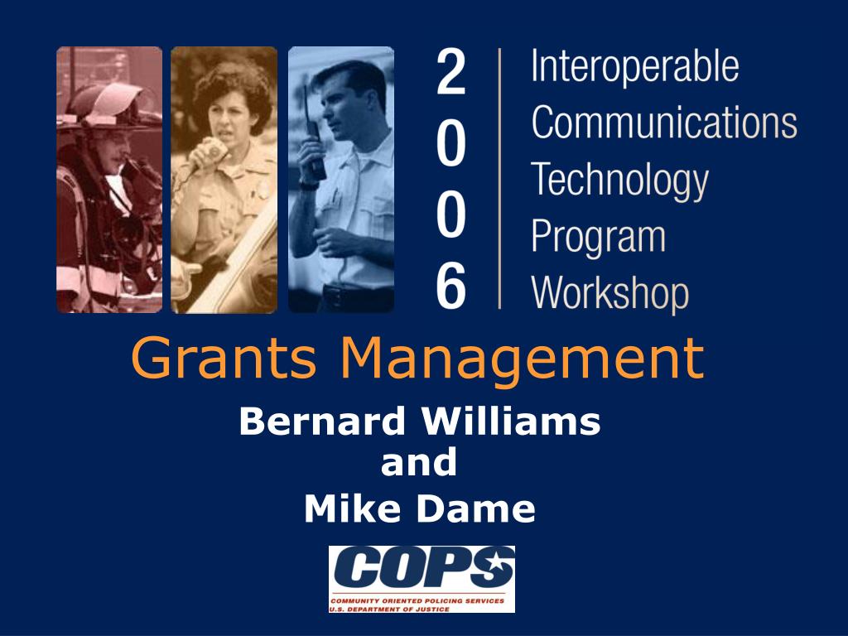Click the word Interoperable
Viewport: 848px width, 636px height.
click(635, 66)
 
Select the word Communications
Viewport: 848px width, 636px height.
click(664, 122)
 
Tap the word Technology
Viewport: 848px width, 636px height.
click(619, 181)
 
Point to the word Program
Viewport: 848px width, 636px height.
click(598, 237)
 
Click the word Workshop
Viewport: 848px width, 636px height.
click(610, 294)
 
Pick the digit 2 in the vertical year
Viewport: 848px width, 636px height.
click(450, 71)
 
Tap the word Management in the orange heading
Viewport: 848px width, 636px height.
click(523, 360)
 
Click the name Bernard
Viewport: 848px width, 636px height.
click(322, 422)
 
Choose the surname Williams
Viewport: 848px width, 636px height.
click(511, 422)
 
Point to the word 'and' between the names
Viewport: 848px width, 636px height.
click(418, 463)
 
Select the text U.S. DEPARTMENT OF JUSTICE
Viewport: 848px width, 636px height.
click(390, 609)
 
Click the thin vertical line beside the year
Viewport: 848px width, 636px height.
click(499, 179)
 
